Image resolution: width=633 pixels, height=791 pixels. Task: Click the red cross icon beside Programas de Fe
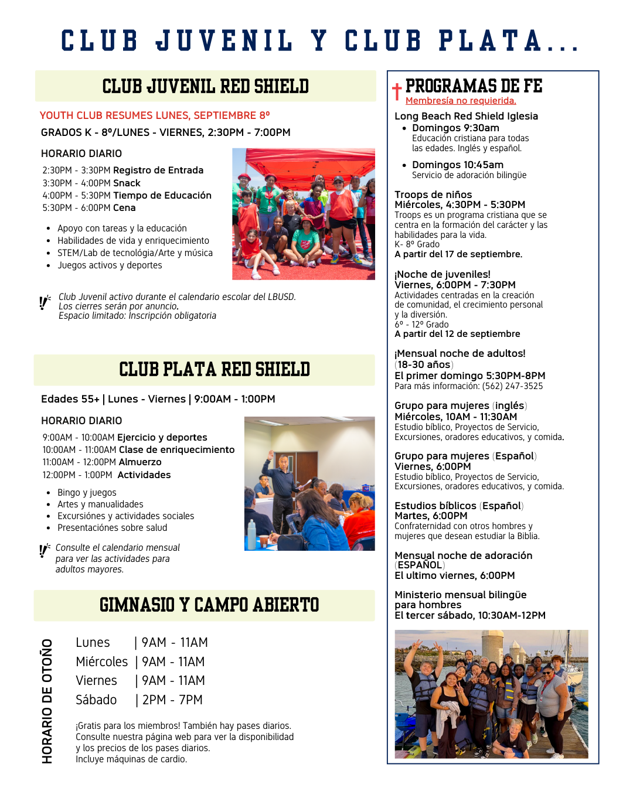pos(397,91)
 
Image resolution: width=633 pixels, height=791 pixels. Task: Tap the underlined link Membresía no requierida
pos(461,101)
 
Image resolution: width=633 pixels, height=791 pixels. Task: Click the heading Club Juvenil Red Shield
pos(205,87)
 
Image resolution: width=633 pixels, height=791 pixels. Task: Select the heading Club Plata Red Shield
pos(215,370)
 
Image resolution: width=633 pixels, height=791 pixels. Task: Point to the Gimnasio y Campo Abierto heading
pos(209,605)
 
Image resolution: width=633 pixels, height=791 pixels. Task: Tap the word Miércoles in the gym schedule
pos(101,662)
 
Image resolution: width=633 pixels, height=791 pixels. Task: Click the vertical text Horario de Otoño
pos(47,701)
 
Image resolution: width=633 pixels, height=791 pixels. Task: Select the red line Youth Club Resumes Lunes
pos(155,115)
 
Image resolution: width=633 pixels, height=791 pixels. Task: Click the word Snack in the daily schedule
pos(127,183)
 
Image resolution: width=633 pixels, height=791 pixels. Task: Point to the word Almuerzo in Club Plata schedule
pos(140,462)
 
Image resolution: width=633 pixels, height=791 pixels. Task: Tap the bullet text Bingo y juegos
pos(87,493)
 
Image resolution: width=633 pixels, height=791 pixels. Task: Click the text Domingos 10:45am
pos(458,165)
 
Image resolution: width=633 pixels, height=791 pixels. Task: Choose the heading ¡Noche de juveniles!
pos(443,274)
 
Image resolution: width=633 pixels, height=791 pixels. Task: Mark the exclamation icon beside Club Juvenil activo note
pos(45,303)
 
